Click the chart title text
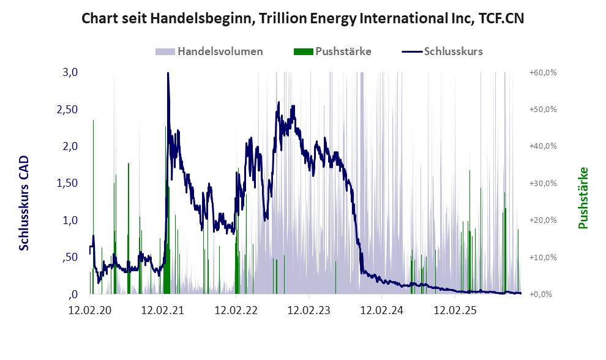click(303, 18)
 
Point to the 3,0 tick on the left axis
click(70, 72)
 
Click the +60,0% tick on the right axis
click(542, 72)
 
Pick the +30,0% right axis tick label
click(542, 183)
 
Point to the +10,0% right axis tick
click(542, 257)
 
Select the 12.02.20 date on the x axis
click(90, 310)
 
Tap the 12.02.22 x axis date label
click(236, 310)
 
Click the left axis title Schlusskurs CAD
click(25, 203)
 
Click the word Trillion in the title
click(280, 18)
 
